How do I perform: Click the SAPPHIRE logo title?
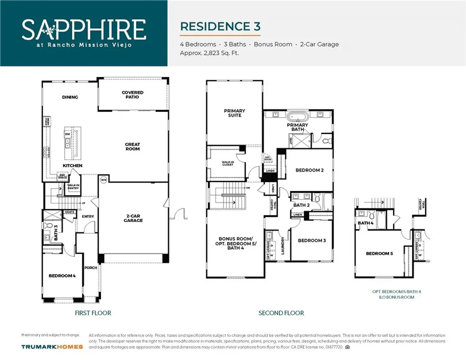tap(84, 29)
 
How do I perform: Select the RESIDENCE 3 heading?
tap(220, 26)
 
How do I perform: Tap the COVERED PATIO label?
tap(132, 94)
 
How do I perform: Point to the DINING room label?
tap(70, 97)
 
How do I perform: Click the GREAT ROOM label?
tap(132, 146)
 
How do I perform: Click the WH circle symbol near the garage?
tap(103, 180)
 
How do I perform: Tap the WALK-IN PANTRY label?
tap(73, 186)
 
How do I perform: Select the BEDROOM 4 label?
tap(62, 276)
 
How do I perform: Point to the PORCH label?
tap(91, 267)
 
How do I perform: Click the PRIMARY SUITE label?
tap(234, 113)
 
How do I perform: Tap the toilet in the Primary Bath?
tap(325, 141)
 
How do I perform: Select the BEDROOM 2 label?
tap(309, 170)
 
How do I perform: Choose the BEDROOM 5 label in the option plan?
tap(379, 253)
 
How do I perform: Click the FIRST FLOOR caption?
tap(93, 313)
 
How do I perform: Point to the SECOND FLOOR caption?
tap(281, 313)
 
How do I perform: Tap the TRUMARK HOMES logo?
tap(52, 347)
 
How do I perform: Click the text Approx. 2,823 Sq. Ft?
tap(209, 53)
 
